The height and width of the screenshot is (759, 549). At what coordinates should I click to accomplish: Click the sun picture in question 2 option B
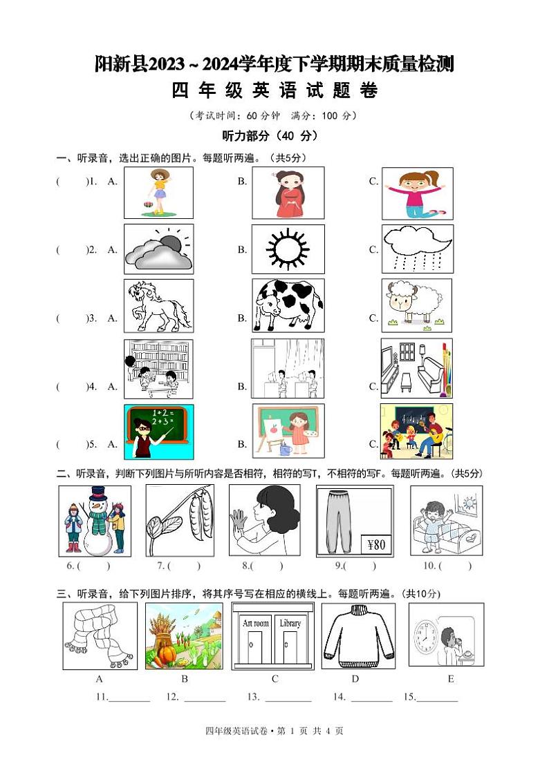[287, 249]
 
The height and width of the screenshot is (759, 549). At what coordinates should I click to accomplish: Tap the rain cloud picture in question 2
[418, 249]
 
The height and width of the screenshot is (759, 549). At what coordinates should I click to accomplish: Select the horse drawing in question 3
[158, 306]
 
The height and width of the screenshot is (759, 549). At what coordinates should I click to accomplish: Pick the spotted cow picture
[288, 306]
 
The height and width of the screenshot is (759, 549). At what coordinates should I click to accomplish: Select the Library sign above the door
[290, 623]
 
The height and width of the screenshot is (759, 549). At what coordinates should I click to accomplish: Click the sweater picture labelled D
[358, 636]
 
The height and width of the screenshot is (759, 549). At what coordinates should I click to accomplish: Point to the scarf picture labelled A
[100, 636]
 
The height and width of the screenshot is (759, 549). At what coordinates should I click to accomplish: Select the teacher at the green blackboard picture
[158, 432]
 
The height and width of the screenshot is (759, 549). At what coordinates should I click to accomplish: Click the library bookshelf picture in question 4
[158, 369]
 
